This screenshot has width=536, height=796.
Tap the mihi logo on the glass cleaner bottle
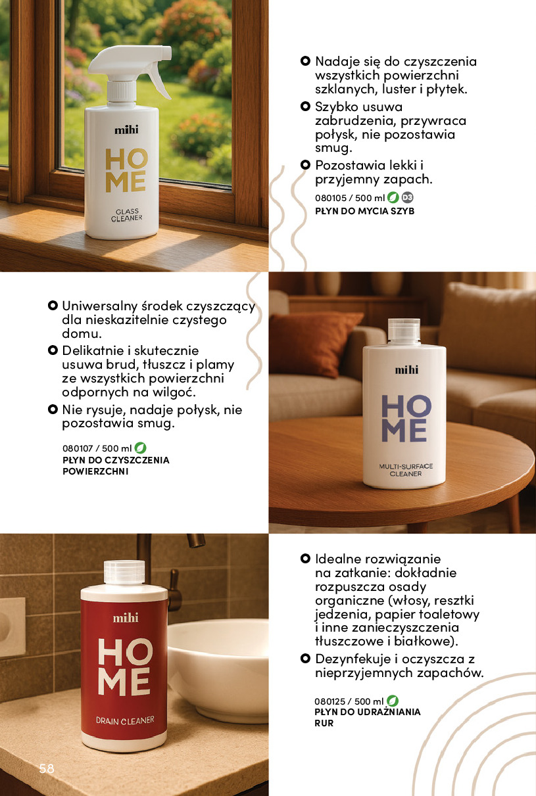click(126, 130)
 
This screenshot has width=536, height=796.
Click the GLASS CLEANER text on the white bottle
click(126, 215)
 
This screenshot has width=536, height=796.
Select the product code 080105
click(331, 198)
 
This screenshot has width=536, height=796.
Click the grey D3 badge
click(407, 197)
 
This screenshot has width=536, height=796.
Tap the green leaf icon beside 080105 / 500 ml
click(393, 197)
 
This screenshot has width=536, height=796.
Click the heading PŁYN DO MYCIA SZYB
click(365, 211)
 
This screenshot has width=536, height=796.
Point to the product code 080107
click(78, 448)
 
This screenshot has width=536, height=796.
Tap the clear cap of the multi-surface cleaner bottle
click(404, 331)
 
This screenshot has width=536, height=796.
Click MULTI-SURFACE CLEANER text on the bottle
click(406, 470)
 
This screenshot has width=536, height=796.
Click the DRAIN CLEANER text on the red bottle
click(125, 720)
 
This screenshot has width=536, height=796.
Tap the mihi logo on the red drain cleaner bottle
click(125, 618)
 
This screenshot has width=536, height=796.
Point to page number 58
click(47, 768)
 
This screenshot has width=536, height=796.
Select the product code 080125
click(330, 701)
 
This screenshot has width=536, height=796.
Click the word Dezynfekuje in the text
click(353, 659)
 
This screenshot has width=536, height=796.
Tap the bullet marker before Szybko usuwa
click(305, 106)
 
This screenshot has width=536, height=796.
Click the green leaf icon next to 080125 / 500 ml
click(393, 701)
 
